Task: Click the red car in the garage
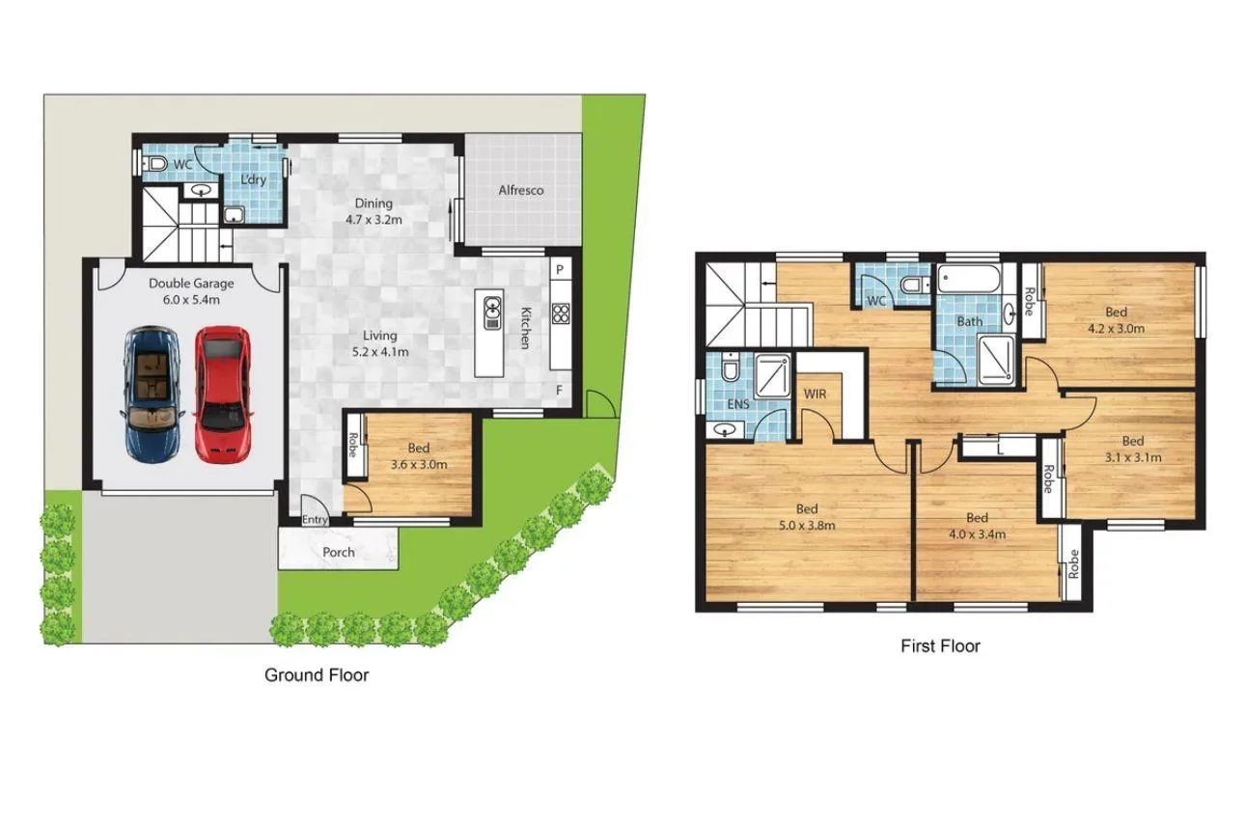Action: tap(223, 393)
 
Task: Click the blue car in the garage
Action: tap(152, 393)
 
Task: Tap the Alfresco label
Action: tap(520, 190)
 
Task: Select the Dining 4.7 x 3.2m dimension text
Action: tap(373, 211)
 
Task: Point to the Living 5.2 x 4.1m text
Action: tap(379, 343)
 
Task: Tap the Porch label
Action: tap(338, 553)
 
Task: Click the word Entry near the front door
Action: tap(315, 521)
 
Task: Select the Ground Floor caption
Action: tap(317, 675)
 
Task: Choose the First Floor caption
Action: tap(940, 646)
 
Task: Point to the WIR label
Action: tap(815, 395)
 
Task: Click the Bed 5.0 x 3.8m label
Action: tap(807, 517)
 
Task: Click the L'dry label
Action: tap(253, 179)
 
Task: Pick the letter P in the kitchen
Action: tap(559, 266)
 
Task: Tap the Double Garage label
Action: tap(190, 291)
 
